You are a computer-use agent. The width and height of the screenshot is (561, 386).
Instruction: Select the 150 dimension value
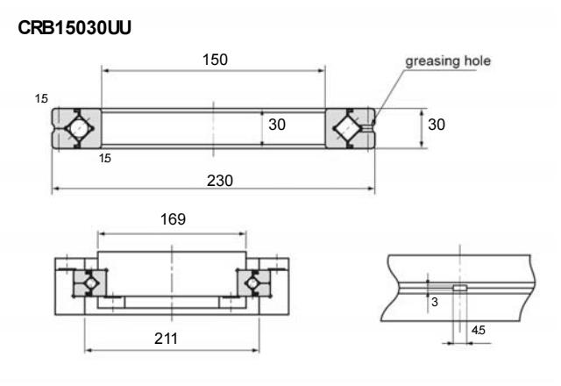214,60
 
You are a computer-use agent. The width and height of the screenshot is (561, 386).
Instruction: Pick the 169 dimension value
173,220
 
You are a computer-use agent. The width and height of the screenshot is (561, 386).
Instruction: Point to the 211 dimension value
172,338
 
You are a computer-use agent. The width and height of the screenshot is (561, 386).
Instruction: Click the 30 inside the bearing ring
277,125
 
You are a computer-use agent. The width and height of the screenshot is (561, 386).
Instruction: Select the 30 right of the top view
437,125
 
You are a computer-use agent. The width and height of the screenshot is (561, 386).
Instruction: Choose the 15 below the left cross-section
104,159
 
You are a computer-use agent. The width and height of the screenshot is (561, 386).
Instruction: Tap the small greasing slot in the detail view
459,288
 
